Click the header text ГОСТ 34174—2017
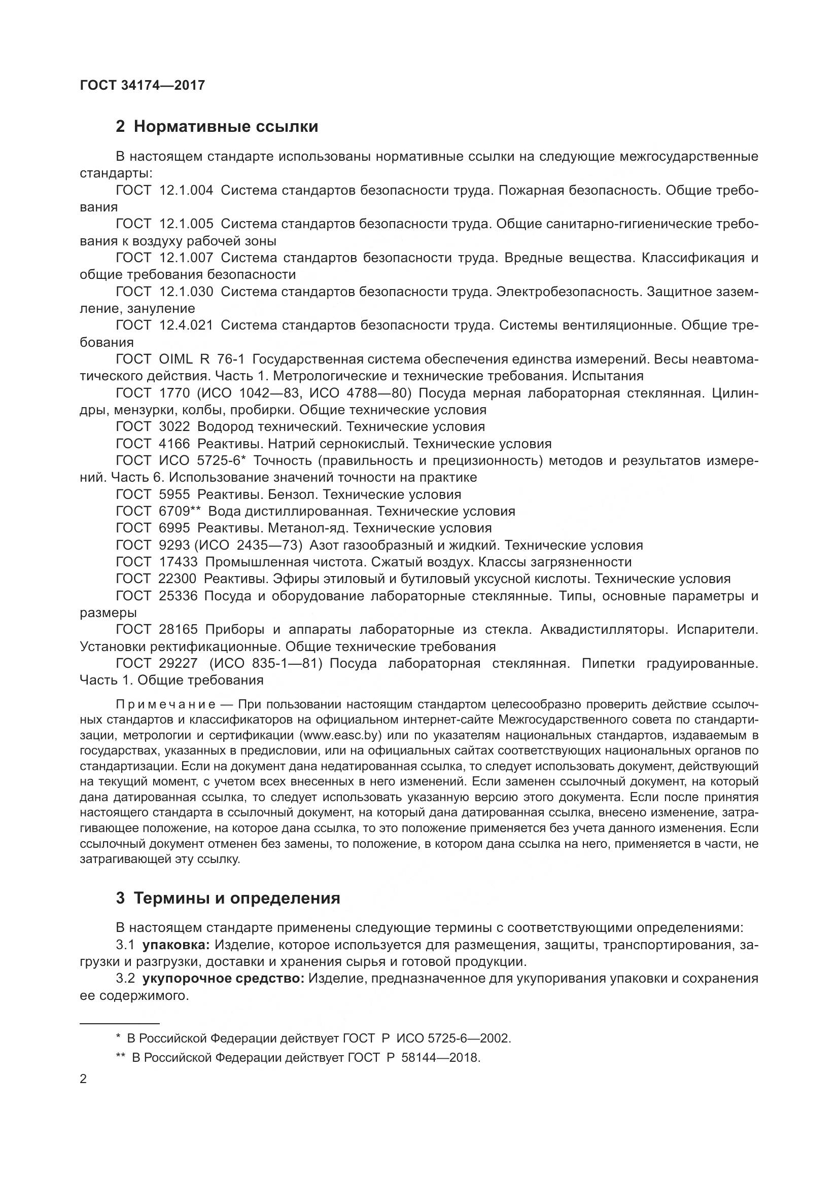pos(143,85)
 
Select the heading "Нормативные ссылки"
pos(226,127)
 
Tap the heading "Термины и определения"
pos(236,899)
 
